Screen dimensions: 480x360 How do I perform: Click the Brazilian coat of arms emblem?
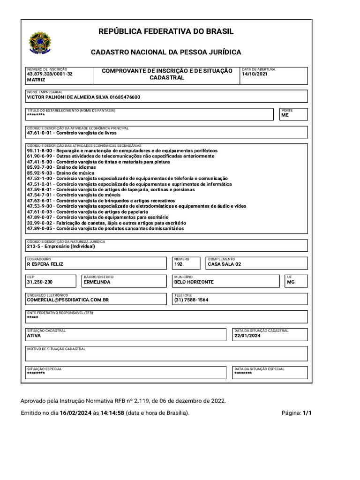pos(40,43)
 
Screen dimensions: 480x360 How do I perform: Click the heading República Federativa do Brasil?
pos(165,31)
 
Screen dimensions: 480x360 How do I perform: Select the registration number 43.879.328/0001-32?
pos(50,74)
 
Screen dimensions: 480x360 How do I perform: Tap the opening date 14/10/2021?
pos(255,74)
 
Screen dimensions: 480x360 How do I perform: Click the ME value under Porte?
pos(285,115)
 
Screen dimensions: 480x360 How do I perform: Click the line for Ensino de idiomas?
pos(61,167)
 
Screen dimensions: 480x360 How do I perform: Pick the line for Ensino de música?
pos(61,173)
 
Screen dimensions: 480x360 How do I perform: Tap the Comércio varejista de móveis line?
pos(74,195)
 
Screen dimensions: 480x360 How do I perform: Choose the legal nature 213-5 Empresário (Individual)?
pos(61,246)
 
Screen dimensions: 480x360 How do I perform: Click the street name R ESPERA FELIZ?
pos(45,264)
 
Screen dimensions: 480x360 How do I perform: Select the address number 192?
pos(178,264)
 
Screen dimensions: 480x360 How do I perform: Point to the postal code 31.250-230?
pos(40,282)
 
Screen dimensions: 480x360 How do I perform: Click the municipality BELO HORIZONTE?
pos(194,282)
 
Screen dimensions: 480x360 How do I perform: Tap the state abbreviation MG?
pos(291,282)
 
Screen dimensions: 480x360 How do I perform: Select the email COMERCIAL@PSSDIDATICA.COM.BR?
pos(68,300)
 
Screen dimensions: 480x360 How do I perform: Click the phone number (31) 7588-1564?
pos(191,300)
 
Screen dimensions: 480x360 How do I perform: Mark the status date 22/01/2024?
pos(247,336)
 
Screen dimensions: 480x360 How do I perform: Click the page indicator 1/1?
pos(307,413)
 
